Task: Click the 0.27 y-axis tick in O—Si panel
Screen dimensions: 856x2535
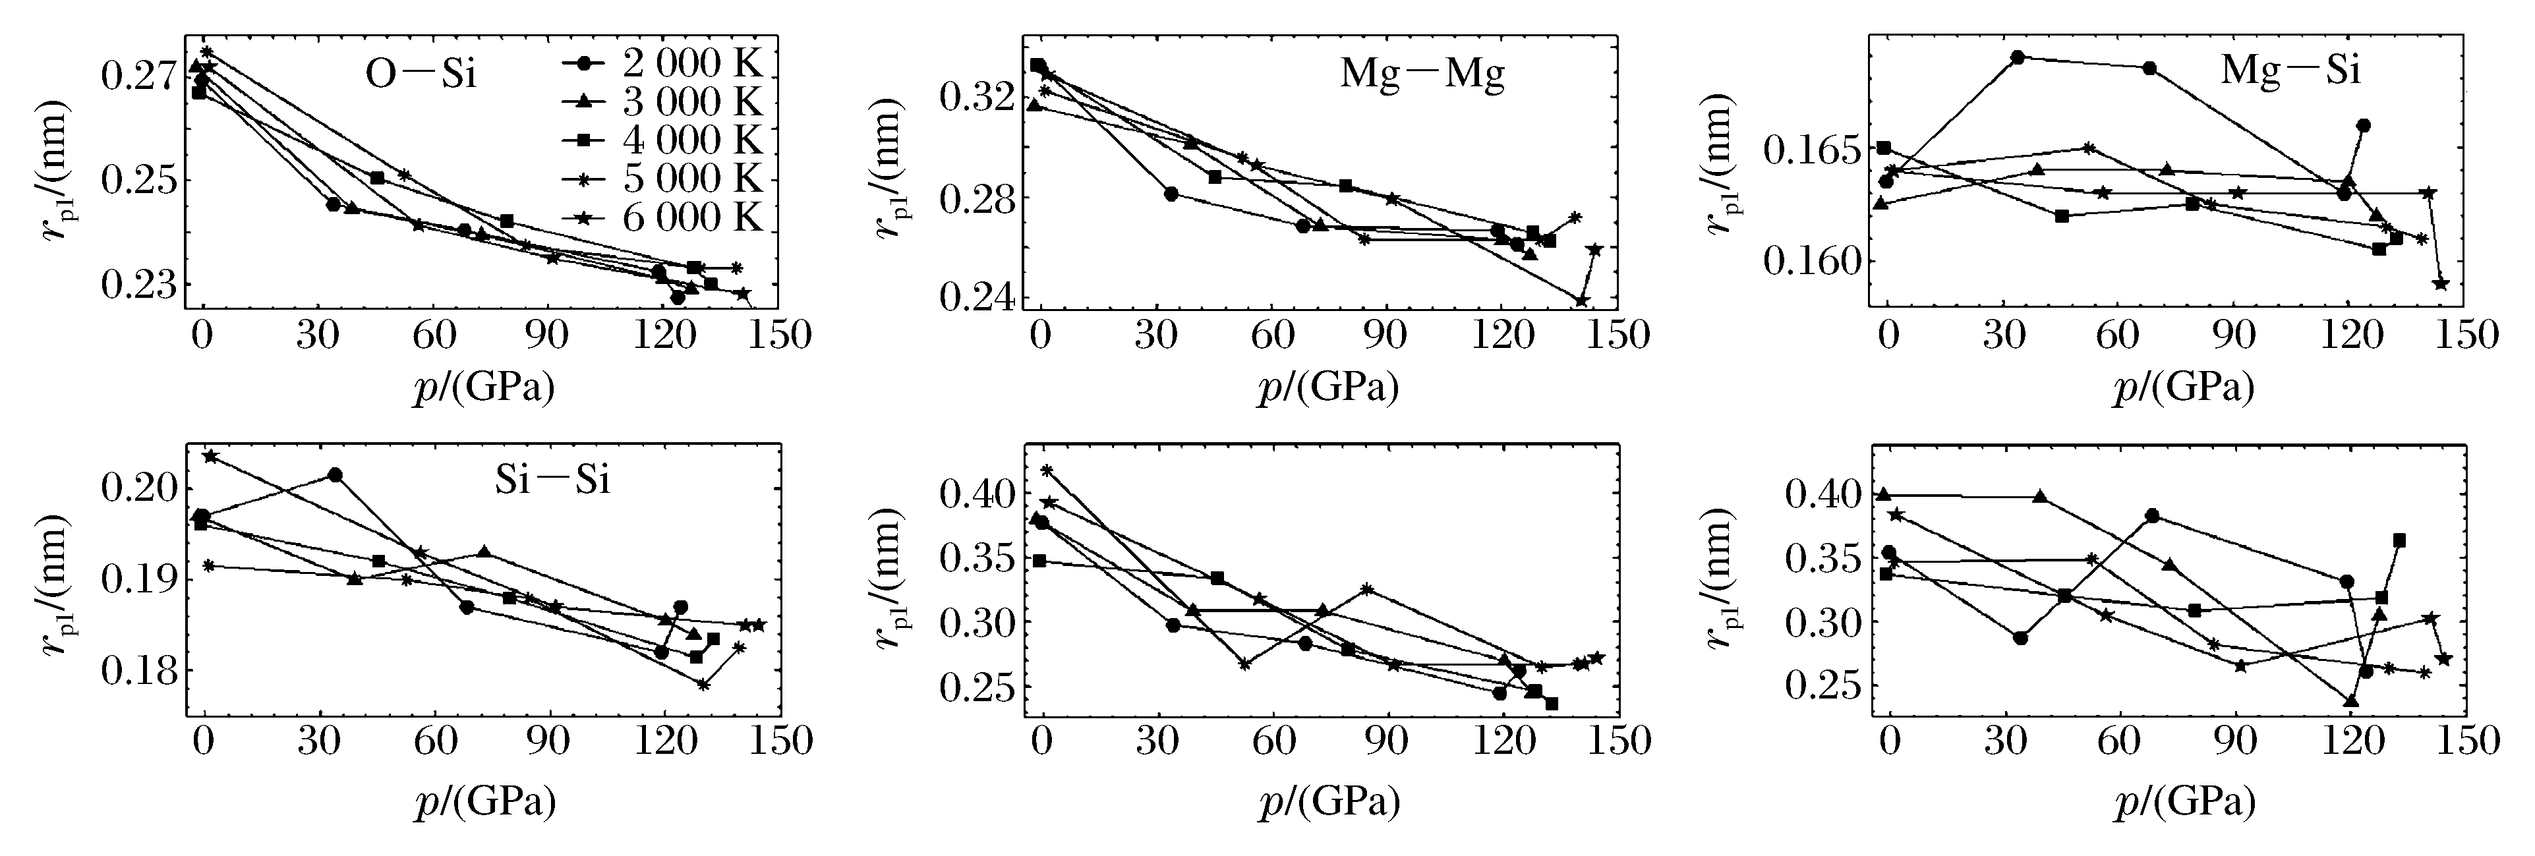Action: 136,76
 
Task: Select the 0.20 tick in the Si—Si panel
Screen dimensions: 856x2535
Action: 136,488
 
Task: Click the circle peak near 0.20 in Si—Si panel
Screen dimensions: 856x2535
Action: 335,474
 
